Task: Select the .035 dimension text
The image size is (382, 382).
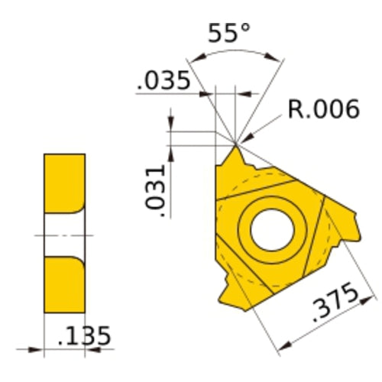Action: pyautogui.click(x=163, y=81)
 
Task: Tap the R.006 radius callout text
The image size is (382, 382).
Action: pyautogui.click(x=323, y=110)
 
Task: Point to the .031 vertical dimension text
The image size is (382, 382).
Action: pyautogui.click(x=155, y=187)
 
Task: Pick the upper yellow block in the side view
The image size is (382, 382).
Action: pyautogui.click(x=64, y=184)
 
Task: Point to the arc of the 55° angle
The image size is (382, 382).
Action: pyautogui.click(x=233, y=53)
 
